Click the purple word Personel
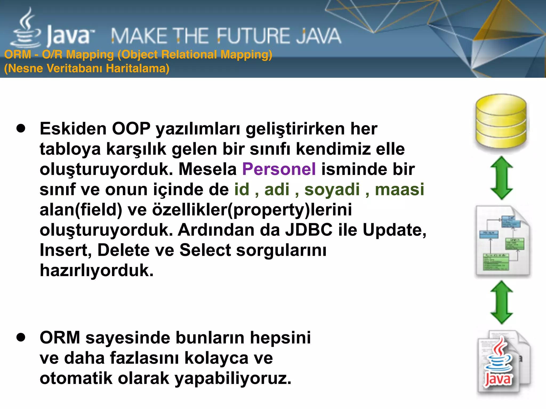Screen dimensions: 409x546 point(279,169)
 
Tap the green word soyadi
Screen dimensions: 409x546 point(332,190)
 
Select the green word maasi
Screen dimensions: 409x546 point(399,190)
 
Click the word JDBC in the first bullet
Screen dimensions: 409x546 point(309,230)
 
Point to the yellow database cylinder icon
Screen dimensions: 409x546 point(501,121)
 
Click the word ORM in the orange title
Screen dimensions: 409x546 point(18,55)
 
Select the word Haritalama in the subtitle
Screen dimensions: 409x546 point(137,68)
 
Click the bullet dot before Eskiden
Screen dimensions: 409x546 point(21,128)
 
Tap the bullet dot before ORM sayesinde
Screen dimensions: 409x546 point(21,337)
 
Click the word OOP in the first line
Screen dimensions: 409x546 point(131,129)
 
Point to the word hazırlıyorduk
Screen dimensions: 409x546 point(97,271)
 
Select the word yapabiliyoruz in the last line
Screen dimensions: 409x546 point(233,378)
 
